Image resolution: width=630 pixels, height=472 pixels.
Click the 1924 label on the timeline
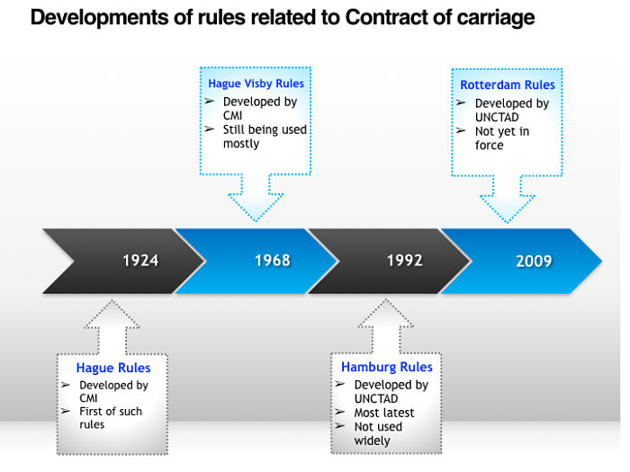pyautogui.click(x=140, y=261)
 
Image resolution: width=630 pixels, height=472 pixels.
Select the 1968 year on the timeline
pyautogui.click(x=272, y=261)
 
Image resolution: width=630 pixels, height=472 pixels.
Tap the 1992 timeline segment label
pyautogui.click(x=405, y=261)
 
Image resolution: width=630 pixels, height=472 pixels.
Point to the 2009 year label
pyautogui.click(x=534, y=262)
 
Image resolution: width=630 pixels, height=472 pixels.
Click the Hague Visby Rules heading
pyautogui.click(x=256, y=84)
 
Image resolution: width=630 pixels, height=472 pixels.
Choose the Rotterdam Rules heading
pyautogui.click(x=508, y=85)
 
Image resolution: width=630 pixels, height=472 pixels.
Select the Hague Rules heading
pyautogui.click(x=113, y=368)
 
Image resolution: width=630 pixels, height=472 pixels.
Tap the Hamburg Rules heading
pyautogui.click(x=387, y=367)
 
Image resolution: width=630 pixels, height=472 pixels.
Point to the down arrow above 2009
pyautogui.click(x=507, y=200)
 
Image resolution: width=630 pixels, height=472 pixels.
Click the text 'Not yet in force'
pyautogui.click(x=502, y=138)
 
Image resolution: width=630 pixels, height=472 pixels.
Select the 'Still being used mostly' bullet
pyautogui.click(x=265, y=137)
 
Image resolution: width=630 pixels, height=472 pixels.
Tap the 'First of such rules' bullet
pyautogui.click(x=111, y=418)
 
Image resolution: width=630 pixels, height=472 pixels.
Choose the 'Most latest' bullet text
pyautogui.click(x=384, y=413)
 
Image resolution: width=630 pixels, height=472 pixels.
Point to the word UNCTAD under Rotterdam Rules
pyautogui.click(x=497, y=118)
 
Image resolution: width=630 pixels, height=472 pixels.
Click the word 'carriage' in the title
pyautogui.click(x=492, y=17)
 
